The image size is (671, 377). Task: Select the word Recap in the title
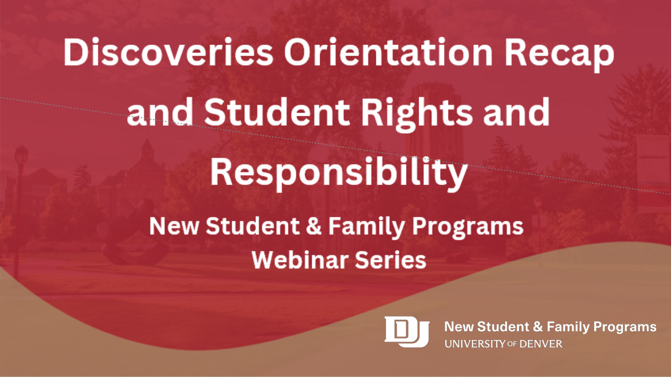pyautogui.click(x=559, y=55)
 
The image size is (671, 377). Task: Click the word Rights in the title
pyautogui.click(x=416, y=114)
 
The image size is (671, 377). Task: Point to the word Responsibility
pyautogui.click(x=339, y=173)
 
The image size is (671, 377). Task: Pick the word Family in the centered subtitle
pyautogui.click(x=366, y=227)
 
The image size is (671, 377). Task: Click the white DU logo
pyautogui.click(x=407, y=332)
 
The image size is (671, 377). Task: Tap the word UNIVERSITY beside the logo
pyautogui.click(x=475, y=344)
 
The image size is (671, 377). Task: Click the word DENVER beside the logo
pyautogui.click(x=541, y=344)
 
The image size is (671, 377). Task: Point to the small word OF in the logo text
pyautogui.click(x=512, y=344)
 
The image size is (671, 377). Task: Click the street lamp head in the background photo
pyautogui.click(x=21, y=156)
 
